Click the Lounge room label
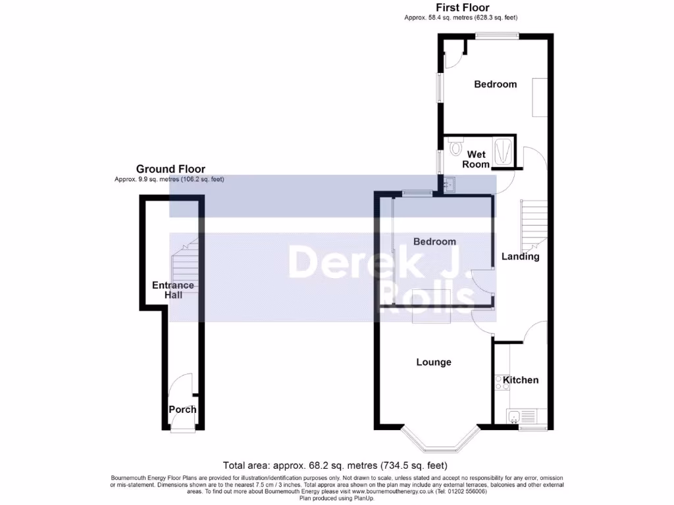[x=434, y=362]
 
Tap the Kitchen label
[x=521, y=380]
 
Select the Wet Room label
[x=476, y=159]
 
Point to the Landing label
[x=521, y=256]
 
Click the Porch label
[x=182, y=410]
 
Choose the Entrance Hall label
[x=173, y=290]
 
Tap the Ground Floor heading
[x=170, y=169]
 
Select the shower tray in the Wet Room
[x=504, y=151]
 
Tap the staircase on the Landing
[x=534, y=222]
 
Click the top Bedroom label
[x=496, y=84]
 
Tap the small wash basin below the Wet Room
[x=448, y=185]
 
